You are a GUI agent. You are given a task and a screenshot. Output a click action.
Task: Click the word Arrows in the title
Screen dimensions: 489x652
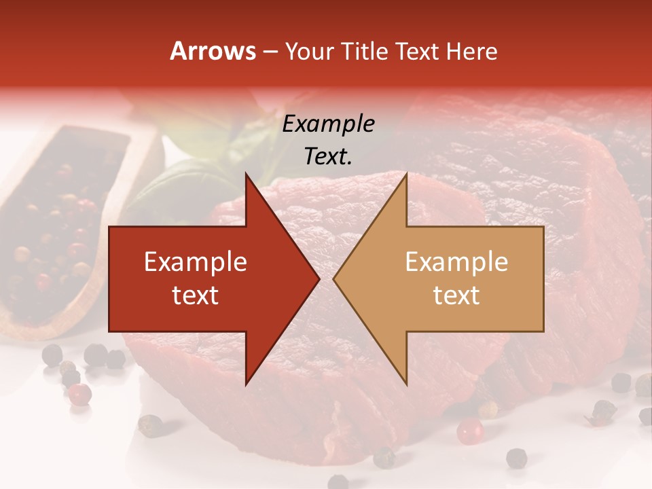213,52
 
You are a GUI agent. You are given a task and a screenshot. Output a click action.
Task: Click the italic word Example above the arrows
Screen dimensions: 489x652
328,124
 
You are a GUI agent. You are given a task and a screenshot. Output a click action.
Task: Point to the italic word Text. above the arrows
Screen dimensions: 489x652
328,157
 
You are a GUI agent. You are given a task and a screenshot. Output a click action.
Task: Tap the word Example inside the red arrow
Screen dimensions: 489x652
196,262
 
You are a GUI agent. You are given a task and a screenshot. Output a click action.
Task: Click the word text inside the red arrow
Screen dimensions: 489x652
196,295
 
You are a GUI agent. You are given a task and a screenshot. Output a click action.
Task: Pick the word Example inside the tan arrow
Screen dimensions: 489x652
456,262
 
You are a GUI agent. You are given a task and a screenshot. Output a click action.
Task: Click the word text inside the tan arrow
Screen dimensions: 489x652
456,295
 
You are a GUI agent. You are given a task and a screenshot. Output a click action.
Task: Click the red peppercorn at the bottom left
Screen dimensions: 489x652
80,394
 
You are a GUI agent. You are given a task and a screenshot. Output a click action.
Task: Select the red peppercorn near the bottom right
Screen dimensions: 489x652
469,431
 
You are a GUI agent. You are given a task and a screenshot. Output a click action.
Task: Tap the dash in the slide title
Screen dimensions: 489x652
270,52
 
